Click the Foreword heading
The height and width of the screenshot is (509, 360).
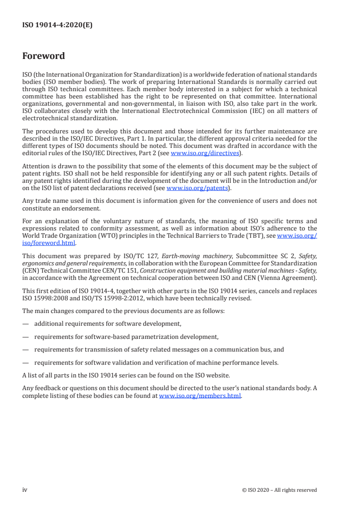tap(44, 56)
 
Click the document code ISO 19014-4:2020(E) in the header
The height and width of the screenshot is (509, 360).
tap(57, 25)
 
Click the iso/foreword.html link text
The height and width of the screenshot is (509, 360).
tap(49, 243)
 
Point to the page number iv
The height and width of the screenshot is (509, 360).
tap(25, 489)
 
